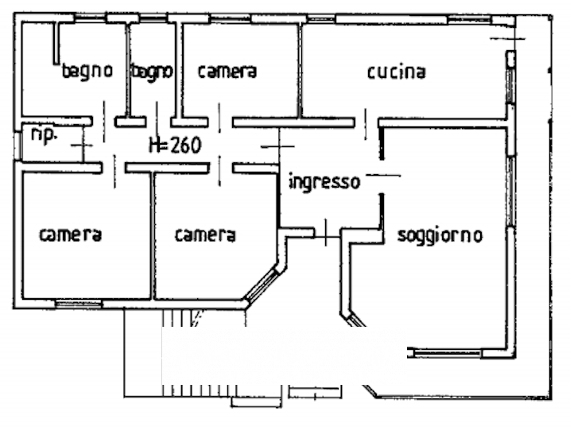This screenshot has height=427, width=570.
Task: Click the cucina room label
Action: tap(396, 72)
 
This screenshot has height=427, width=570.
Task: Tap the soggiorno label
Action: tap(440, 235)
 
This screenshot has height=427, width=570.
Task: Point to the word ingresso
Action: tap(324, 182)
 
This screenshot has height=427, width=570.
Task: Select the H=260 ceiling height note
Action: tap(175, 146)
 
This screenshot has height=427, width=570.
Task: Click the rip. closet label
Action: tap(43, 135)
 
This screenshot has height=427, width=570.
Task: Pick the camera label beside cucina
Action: tap(227, 72)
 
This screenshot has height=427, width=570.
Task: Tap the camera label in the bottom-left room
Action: tap(71, 235)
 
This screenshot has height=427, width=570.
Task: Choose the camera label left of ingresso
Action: tap(205, 235)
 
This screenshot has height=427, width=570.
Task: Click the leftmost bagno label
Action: tap(87, 71)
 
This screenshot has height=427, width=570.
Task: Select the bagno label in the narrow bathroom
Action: tap(152, 72)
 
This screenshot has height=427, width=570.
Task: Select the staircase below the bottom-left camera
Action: tap(143, 350)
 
